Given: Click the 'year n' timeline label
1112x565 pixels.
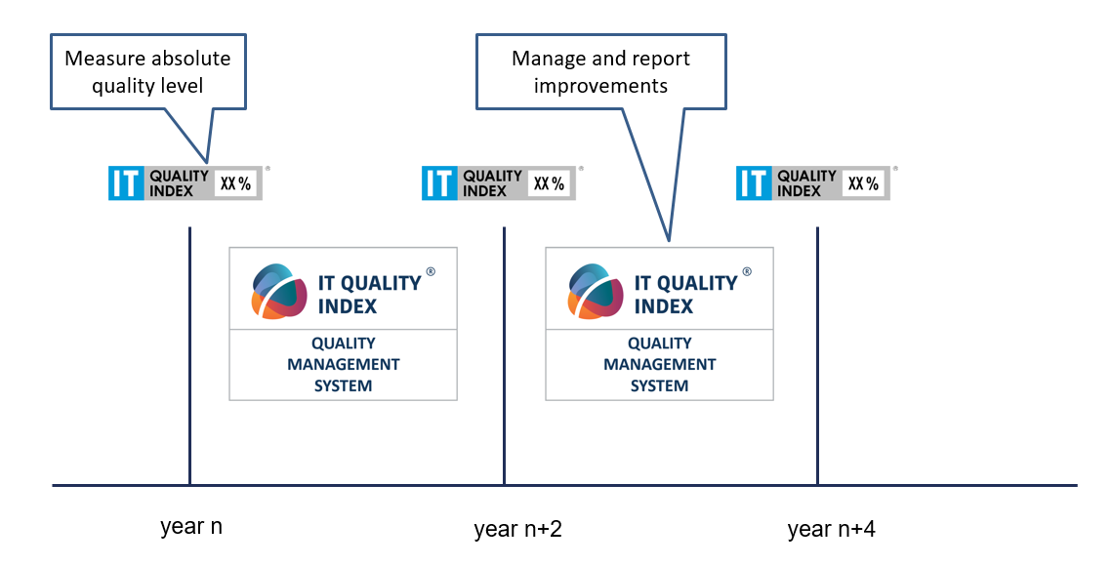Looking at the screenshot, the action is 191,527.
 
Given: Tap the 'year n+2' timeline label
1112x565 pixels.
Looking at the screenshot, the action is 517,529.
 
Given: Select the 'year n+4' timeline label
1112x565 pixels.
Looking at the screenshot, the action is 831,529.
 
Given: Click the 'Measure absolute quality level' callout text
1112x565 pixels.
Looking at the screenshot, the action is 147,71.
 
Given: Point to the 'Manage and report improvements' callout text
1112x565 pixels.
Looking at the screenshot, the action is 600,71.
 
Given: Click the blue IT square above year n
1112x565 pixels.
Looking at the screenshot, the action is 126,182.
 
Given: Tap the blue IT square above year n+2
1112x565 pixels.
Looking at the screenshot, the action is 439,182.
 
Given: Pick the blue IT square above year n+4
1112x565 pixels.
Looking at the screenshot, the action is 754,182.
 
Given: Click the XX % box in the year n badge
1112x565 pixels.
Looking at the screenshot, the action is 235,183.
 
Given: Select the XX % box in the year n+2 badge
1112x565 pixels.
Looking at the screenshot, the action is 549,183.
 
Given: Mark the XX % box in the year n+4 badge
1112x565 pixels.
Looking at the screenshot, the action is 863,183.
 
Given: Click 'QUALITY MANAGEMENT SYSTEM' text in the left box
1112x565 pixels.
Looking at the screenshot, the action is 344,364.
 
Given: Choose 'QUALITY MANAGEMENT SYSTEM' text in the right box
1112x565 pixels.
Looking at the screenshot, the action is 660,364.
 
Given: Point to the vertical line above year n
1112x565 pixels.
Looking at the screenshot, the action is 190,356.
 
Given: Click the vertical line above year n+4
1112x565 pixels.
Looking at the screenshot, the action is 818,356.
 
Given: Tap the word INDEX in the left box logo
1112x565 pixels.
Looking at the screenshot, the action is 348,306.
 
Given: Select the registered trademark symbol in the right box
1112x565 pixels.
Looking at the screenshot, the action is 747,271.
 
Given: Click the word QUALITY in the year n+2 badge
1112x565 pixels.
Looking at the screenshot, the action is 492,175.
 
